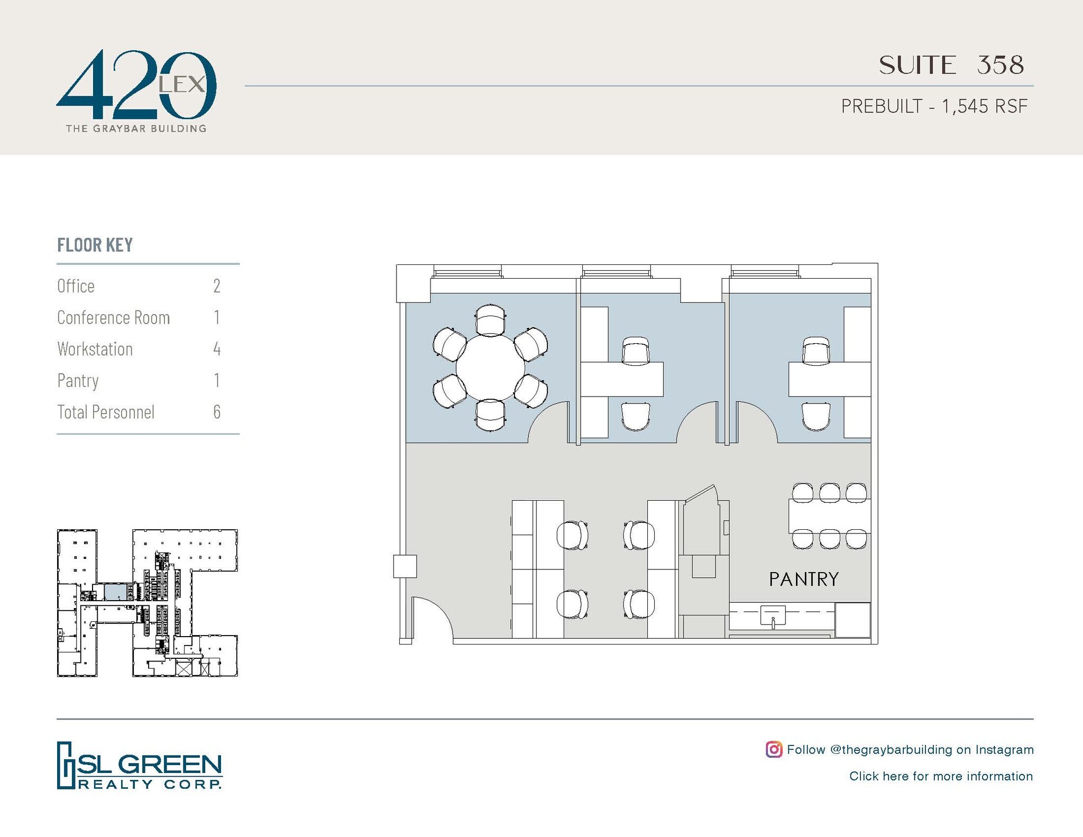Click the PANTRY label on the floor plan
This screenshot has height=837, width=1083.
803,580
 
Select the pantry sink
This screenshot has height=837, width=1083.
773,616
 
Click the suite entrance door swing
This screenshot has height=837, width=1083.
431,619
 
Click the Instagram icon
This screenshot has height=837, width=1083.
774,749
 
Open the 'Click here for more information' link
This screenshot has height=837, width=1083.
941,776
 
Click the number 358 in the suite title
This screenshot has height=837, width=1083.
1000,65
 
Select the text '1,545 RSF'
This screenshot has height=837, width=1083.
984,106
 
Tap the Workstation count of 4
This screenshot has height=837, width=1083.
217,349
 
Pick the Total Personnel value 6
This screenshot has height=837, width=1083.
217,412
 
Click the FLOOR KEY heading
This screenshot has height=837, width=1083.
95,245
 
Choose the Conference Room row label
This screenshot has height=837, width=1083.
114,317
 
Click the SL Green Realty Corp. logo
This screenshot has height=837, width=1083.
140,765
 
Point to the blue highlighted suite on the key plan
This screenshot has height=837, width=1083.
116,592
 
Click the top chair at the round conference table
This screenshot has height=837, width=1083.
490,320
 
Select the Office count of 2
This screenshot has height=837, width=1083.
217,286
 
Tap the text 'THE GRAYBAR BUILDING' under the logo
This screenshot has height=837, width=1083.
136,128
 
